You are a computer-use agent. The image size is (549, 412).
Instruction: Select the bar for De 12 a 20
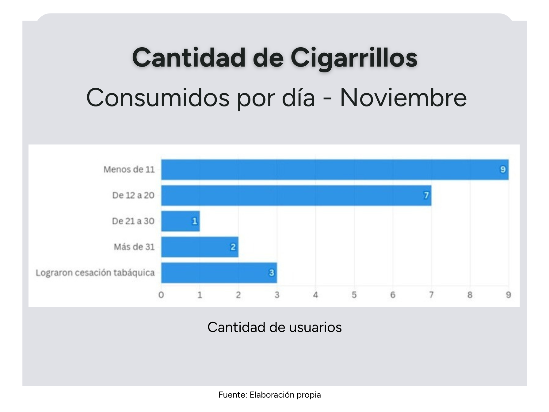[x=296, y=195]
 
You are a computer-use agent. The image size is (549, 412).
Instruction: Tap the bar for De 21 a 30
[x=180, y=221]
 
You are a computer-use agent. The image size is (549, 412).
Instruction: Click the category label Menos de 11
[x=129, y=169]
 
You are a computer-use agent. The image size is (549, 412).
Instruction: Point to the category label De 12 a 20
[x=133, y=195]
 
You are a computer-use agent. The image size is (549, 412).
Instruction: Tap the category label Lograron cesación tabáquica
[x=95, y=273]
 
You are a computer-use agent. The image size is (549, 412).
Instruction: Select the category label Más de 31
[x=134, y=247]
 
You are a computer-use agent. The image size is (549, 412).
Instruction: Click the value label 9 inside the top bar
[x=503, y=169]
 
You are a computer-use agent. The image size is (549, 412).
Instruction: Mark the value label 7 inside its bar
[x=426, y=195]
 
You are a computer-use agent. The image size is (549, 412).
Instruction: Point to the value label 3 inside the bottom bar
[x=271, y=273]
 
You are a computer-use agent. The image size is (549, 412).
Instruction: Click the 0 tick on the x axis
[x=161, y=295]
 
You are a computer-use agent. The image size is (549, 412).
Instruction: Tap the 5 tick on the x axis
[x=354, y=295]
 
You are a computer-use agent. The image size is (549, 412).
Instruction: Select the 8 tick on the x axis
[x=470, y=295]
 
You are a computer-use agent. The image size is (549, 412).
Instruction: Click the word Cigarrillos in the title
[x=354, y=58]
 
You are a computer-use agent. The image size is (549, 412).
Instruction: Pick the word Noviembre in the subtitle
[x=403, y=98]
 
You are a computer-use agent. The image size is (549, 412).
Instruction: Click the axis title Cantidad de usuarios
[x=274, y=327]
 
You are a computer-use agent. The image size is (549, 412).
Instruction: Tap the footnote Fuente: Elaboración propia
[x=269, y=395]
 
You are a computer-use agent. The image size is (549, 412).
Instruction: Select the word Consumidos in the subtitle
[x=158, y=98]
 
